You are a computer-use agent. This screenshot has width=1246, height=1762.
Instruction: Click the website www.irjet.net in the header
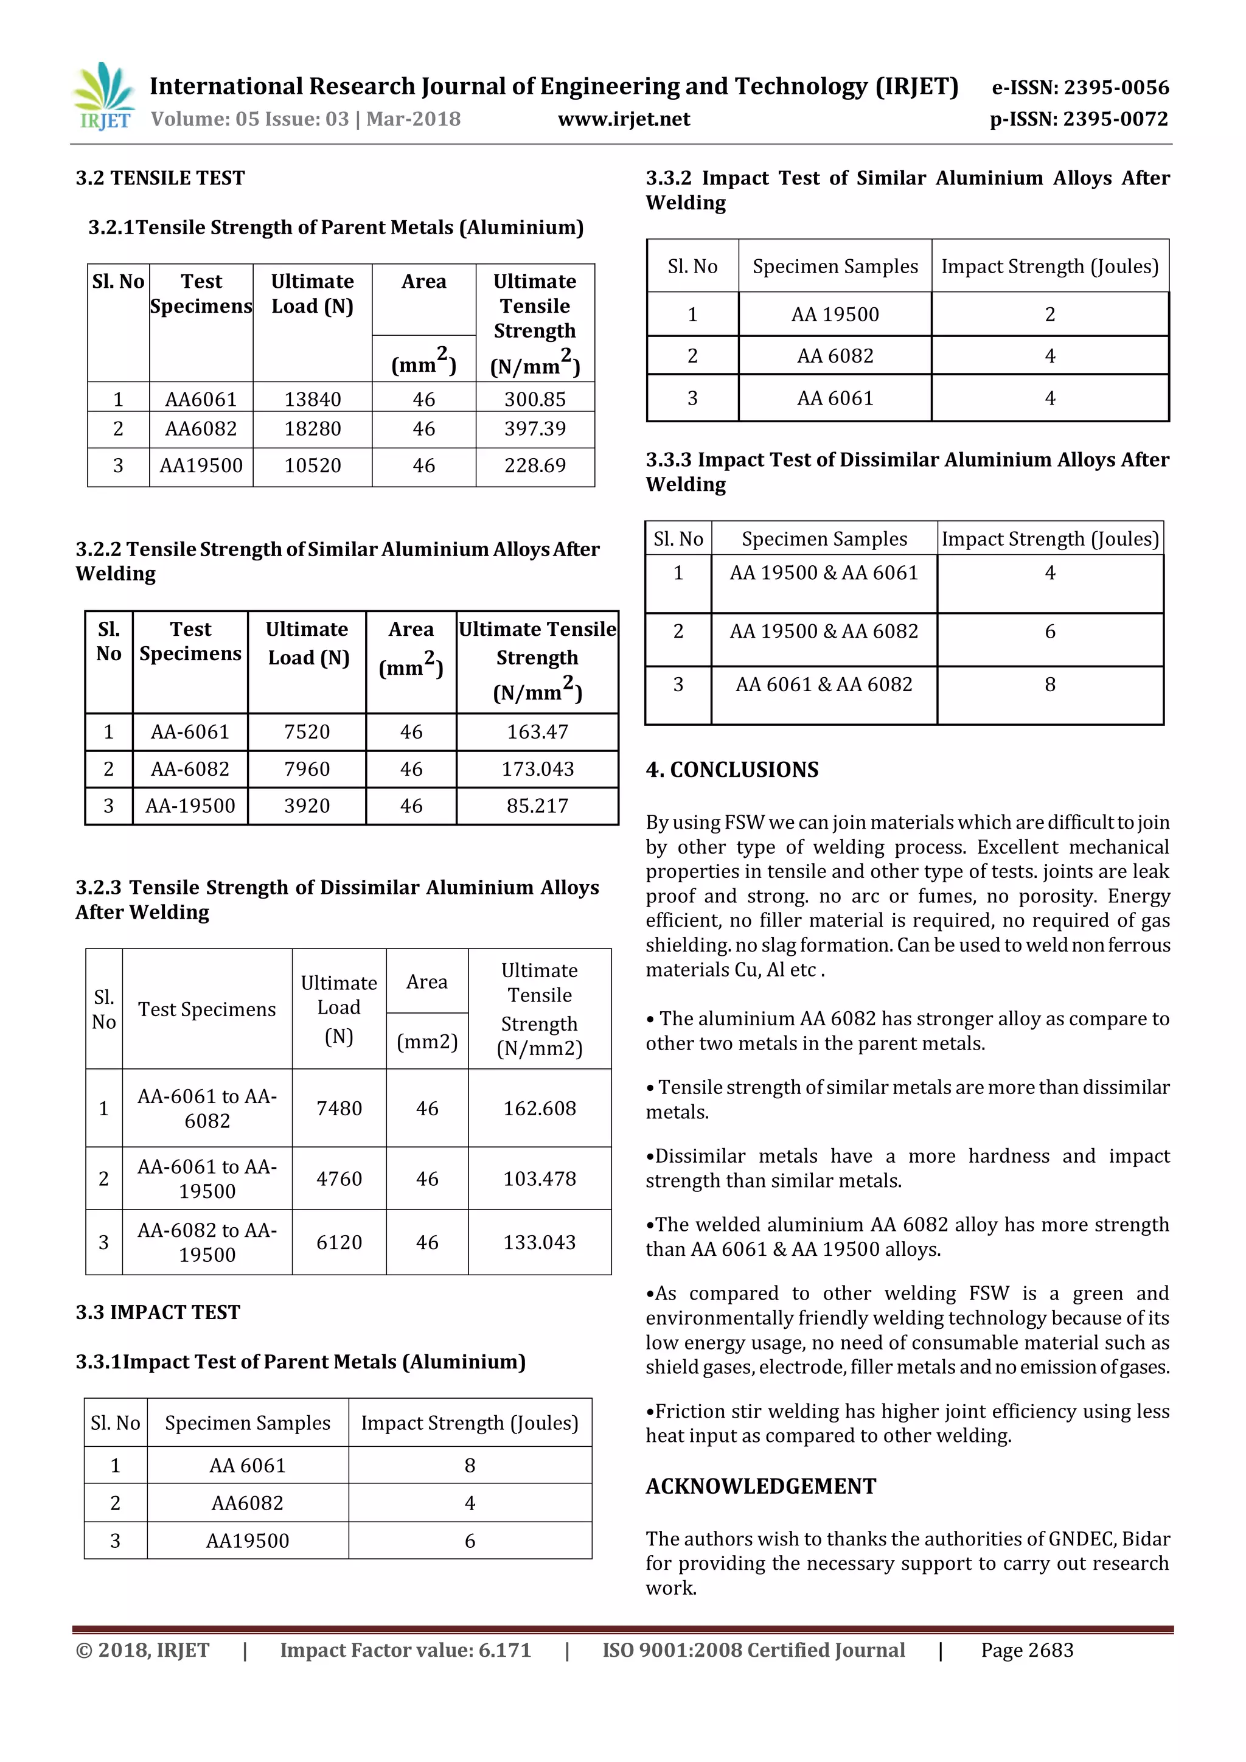click(x=623, y=119)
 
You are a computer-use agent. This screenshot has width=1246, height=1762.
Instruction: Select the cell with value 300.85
click(x=535, y=399)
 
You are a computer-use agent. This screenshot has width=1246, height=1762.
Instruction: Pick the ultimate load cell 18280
click(x=312, y=428)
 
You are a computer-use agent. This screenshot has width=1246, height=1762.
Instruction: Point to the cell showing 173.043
click(x=537, y=769)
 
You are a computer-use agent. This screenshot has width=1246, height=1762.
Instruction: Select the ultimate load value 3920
click(x=307, y=806)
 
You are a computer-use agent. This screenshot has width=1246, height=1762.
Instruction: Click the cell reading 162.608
click(x=540, y=1108)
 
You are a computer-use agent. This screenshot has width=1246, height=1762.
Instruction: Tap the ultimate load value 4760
click(x=339, y=1179)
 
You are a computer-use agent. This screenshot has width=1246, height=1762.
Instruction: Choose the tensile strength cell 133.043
click(x=540, y=1242)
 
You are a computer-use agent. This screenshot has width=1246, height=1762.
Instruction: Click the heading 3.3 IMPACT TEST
click(x=158, y=1312)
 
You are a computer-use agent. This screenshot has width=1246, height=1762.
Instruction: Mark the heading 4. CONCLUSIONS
click(x=732, y=770)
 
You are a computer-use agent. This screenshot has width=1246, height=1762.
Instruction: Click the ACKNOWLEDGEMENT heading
click(x=760, y=1486)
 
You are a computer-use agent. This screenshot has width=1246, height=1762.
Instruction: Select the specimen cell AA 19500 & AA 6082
click(x=824, y=632)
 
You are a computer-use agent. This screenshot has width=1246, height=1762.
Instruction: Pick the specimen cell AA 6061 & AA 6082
click(x=824, y=684)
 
